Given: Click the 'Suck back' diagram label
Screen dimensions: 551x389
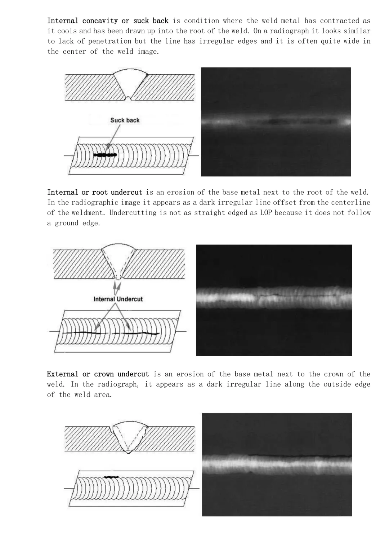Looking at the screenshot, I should pyautogui.click(x=125, y=120).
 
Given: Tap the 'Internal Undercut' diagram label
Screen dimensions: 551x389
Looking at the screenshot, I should pyautogui.click(x=118, y=299).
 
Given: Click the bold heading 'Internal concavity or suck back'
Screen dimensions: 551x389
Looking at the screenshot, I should pyautogui.click(x=108, y=21).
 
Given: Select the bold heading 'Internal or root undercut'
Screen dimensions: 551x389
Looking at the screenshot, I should pyautogui.click(x=95, y=192).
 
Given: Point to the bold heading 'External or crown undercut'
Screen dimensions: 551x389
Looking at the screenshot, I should pyautogui.click(x=98, y=374).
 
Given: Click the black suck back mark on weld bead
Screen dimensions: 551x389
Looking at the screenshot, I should pyautogui.click(x=105, y=155).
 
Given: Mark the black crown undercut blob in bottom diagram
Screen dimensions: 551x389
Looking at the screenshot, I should pyautogui.click(x=111, y=477).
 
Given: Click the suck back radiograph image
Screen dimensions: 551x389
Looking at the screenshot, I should pyautogui.click(x=276, y=122).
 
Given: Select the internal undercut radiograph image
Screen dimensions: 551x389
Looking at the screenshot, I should pyautogui.click(x=274, y=300).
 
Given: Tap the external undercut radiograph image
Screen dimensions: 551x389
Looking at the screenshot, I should pyautogui.click(x=277, y=464).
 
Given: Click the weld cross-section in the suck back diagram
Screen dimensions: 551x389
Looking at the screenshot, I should pyautogui.click(x=130, y=84).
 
